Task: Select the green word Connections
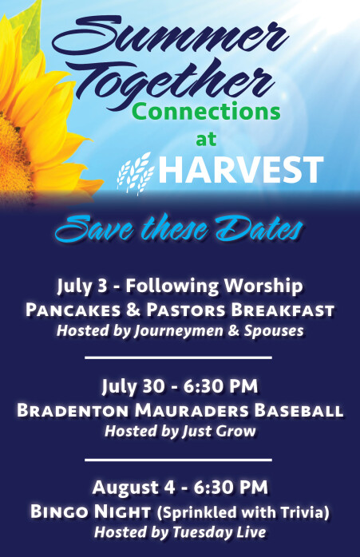click(x=208, y=111)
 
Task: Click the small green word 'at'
click(x=206, y=139)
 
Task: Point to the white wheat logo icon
click(x=136, y=172)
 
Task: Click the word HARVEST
click(x=240, y=170)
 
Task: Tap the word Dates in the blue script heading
click(x=259, y=229)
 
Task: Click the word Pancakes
click(x=73, y=310)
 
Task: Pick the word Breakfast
click(x=283, y=310)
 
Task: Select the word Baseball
click(x=299, y=410)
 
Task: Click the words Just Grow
click(x=219, y=431)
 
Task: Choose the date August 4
click(x=133, y=488)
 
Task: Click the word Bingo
click(x=59, y=512)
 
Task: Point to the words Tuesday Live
click(x=220, y=532)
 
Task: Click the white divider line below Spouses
click(x=178, y=358)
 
